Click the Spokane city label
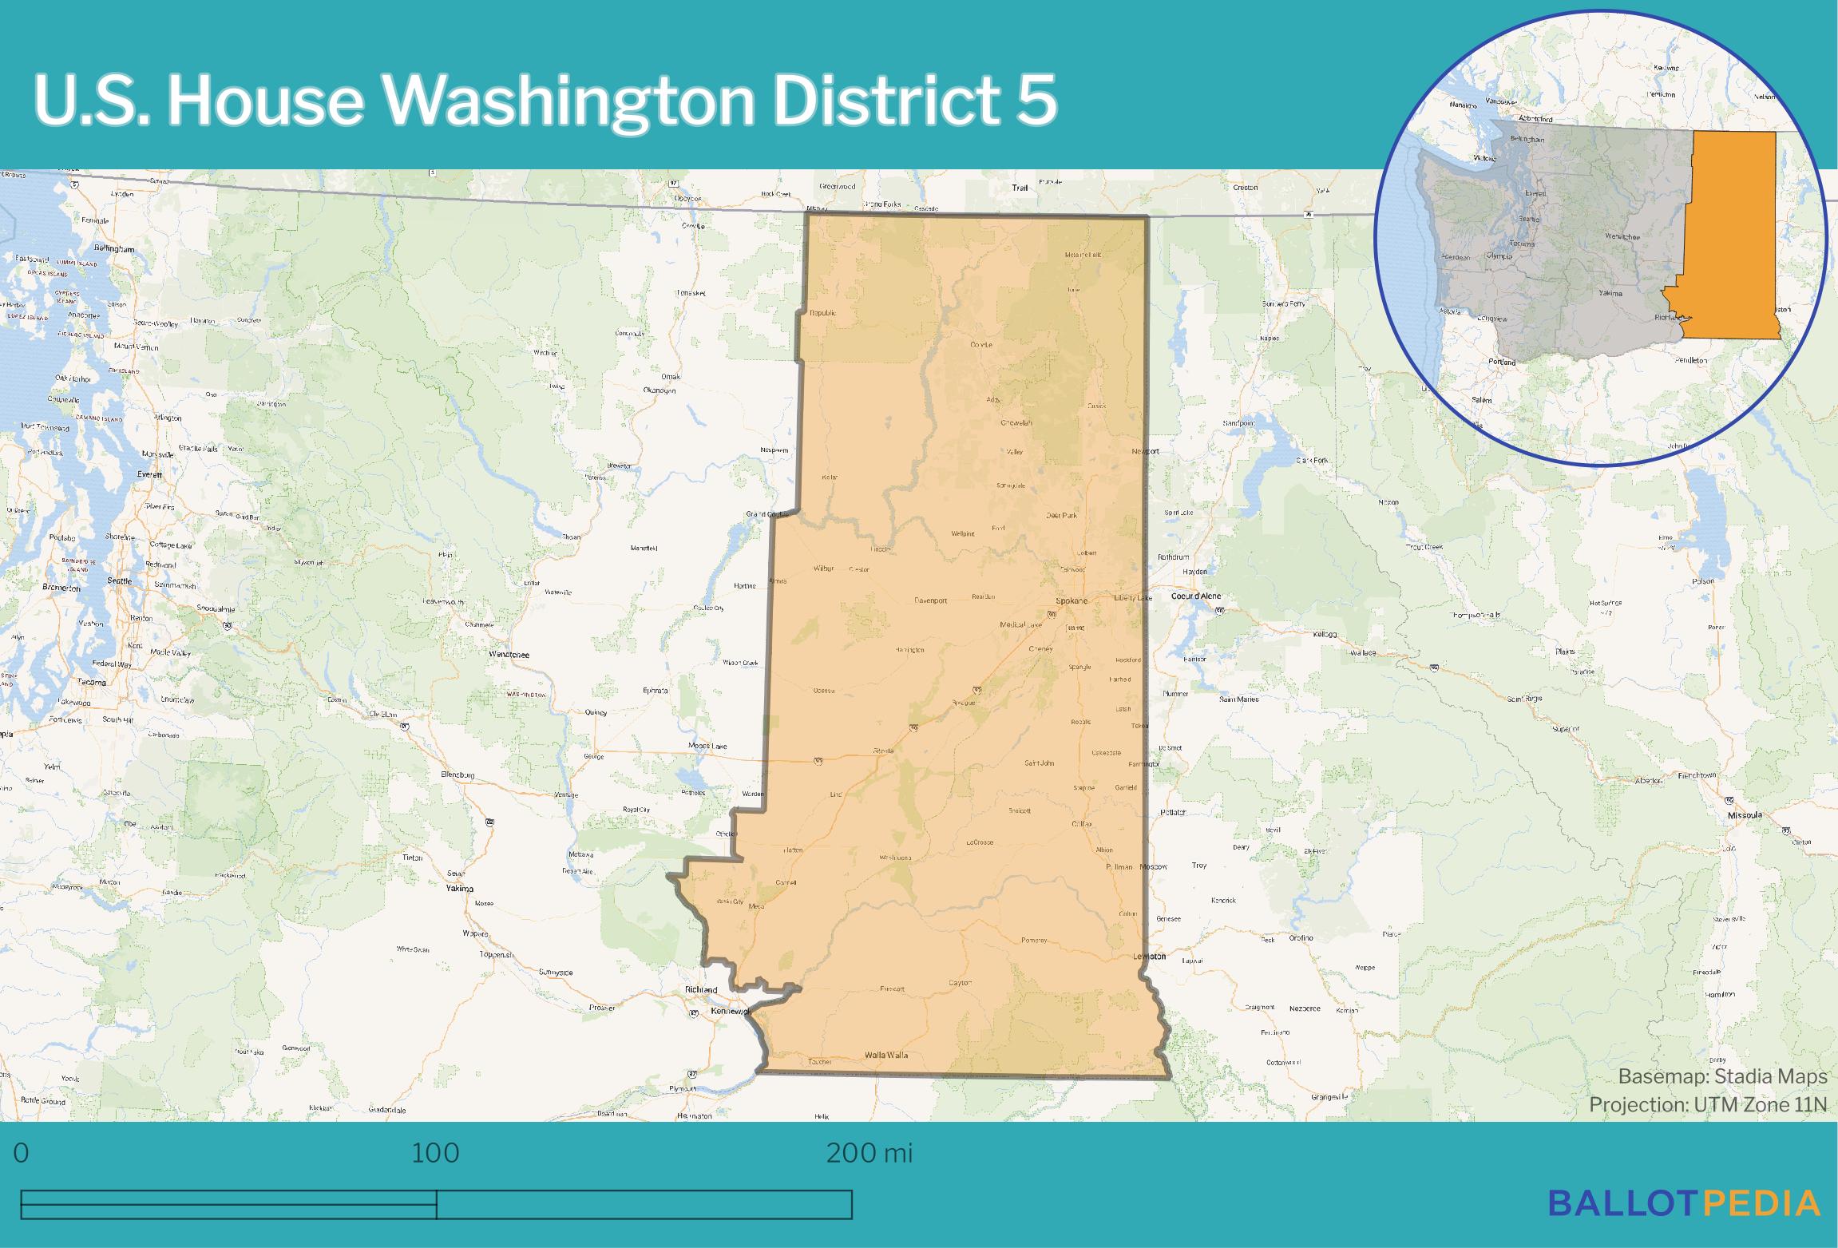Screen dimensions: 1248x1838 click(x=1071, y=600)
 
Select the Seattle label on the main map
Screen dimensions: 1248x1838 click(x=120, y=580)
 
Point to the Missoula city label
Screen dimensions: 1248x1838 click(x=1743, y=815)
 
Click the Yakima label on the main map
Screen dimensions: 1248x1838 click(x=460, y=889)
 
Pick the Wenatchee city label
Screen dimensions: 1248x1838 click(x=509, y=655)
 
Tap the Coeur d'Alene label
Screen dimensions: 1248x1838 click(x=1197, y=596)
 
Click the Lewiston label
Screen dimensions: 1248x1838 click(x=1149, y=956)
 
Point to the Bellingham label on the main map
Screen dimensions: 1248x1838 click(x=113, y=249)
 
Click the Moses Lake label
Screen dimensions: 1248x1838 click(x=707, y=747)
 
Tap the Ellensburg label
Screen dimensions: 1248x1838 click(x=458, y=775)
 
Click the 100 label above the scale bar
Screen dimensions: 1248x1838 click(x=435, y=1154)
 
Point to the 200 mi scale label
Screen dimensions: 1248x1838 click(x=869, y=1154)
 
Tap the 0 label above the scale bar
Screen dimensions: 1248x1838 click(x=22, y=1154)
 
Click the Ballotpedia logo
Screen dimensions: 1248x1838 click(x=1685, y=1203)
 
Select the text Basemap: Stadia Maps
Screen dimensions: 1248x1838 click(x=1722, y=1076)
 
